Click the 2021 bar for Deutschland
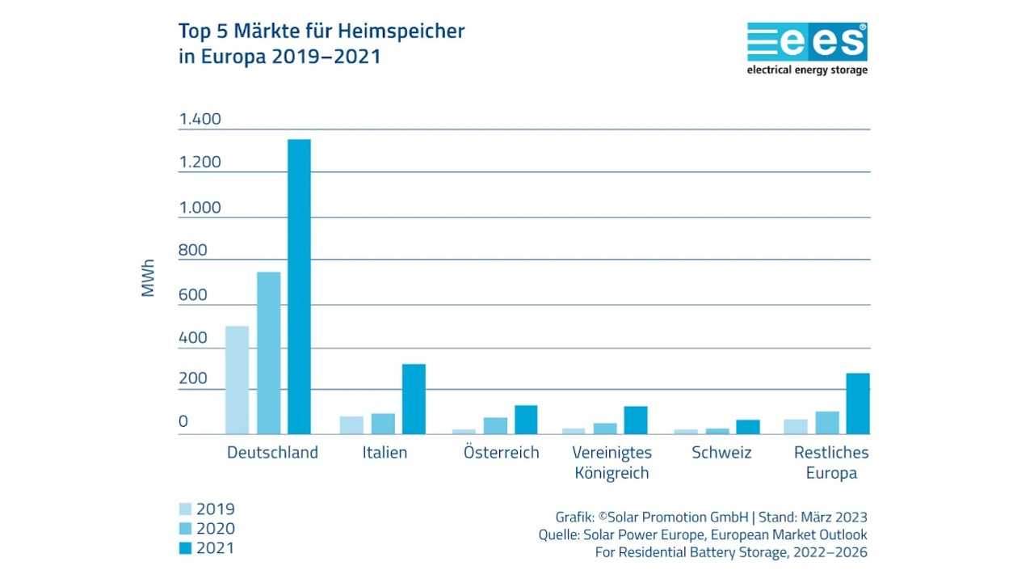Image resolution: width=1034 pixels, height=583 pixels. click(299, 287)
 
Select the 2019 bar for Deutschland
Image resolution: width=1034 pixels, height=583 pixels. click(237, 380)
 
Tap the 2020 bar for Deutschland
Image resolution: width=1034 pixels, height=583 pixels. click(268, 353)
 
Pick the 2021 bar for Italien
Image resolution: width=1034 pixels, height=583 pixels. click(414, 399)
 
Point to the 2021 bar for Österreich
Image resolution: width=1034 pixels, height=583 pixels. click(526, 420)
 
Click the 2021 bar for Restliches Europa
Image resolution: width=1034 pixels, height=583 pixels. click(858, 403)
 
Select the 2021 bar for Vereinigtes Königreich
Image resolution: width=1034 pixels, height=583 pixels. click(636, 420)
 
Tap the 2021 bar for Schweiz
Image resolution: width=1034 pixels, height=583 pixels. click(748, 427)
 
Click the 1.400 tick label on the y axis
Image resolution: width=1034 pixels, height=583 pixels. click(200, 120)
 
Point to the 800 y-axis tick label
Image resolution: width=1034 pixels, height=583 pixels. click(193, 251)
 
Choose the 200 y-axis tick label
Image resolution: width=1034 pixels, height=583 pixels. click(193, 379)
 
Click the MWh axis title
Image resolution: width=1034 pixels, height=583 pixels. click(148, 278)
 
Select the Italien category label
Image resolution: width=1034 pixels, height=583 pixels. click(385, 453)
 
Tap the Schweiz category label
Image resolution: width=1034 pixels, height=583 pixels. click(721, 453)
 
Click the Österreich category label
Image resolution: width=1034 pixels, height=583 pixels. click(501, 453)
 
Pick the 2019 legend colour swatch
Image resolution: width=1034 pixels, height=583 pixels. click(185, 509)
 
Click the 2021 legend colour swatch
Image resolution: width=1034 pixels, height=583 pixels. click(185, 548)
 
